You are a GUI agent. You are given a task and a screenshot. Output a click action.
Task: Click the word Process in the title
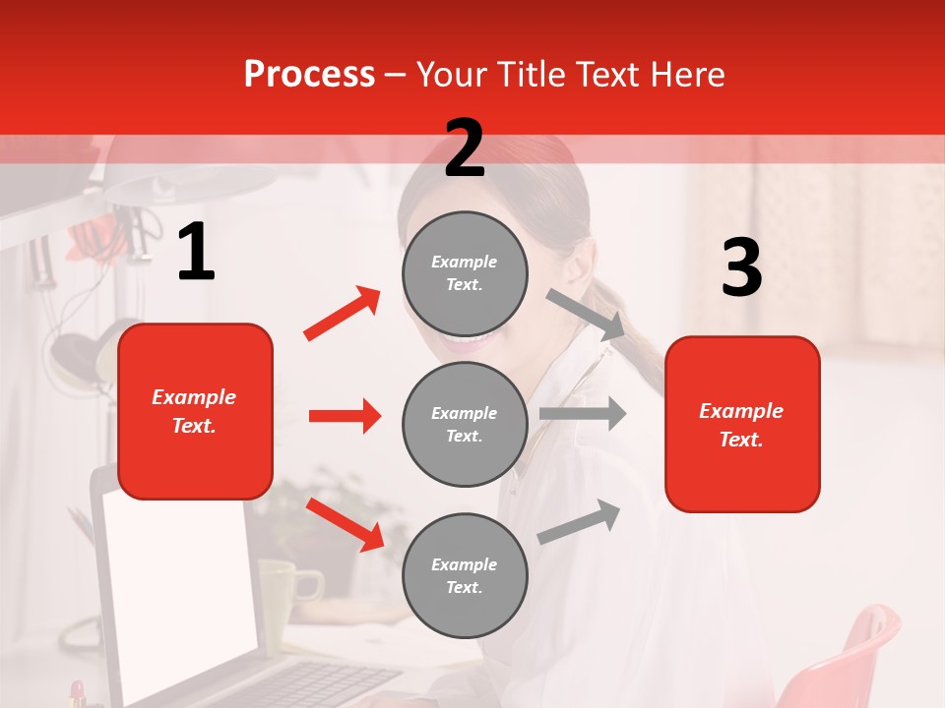click(309, 75)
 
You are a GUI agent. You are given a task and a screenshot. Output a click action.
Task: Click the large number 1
click(196, 253)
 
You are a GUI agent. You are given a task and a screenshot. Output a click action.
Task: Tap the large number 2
click(465, 148)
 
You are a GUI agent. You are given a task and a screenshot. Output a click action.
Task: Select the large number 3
click(741, 267)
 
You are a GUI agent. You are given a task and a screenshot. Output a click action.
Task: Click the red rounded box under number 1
click(195, 411)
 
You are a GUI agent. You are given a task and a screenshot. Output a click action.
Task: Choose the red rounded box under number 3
click(742, 424)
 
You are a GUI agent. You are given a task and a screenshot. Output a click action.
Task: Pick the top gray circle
click(465, 273)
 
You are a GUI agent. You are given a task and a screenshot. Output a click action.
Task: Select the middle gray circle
click(465, 424)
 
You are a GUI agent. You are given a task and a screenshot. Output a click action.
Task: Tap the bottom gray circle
click(465, 575)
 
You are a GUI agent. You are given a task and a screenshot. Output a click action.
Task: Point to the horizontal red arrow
click(345, 416)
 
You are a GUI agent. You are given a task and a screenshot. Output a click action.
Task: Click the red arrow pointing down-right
click(345, 524)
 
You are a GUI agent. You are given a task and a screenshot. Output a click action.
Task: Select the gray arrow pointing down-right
click(586, 314)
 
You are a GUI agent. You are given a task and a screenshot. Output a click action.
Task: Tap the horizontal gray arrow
click(583, 414)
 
